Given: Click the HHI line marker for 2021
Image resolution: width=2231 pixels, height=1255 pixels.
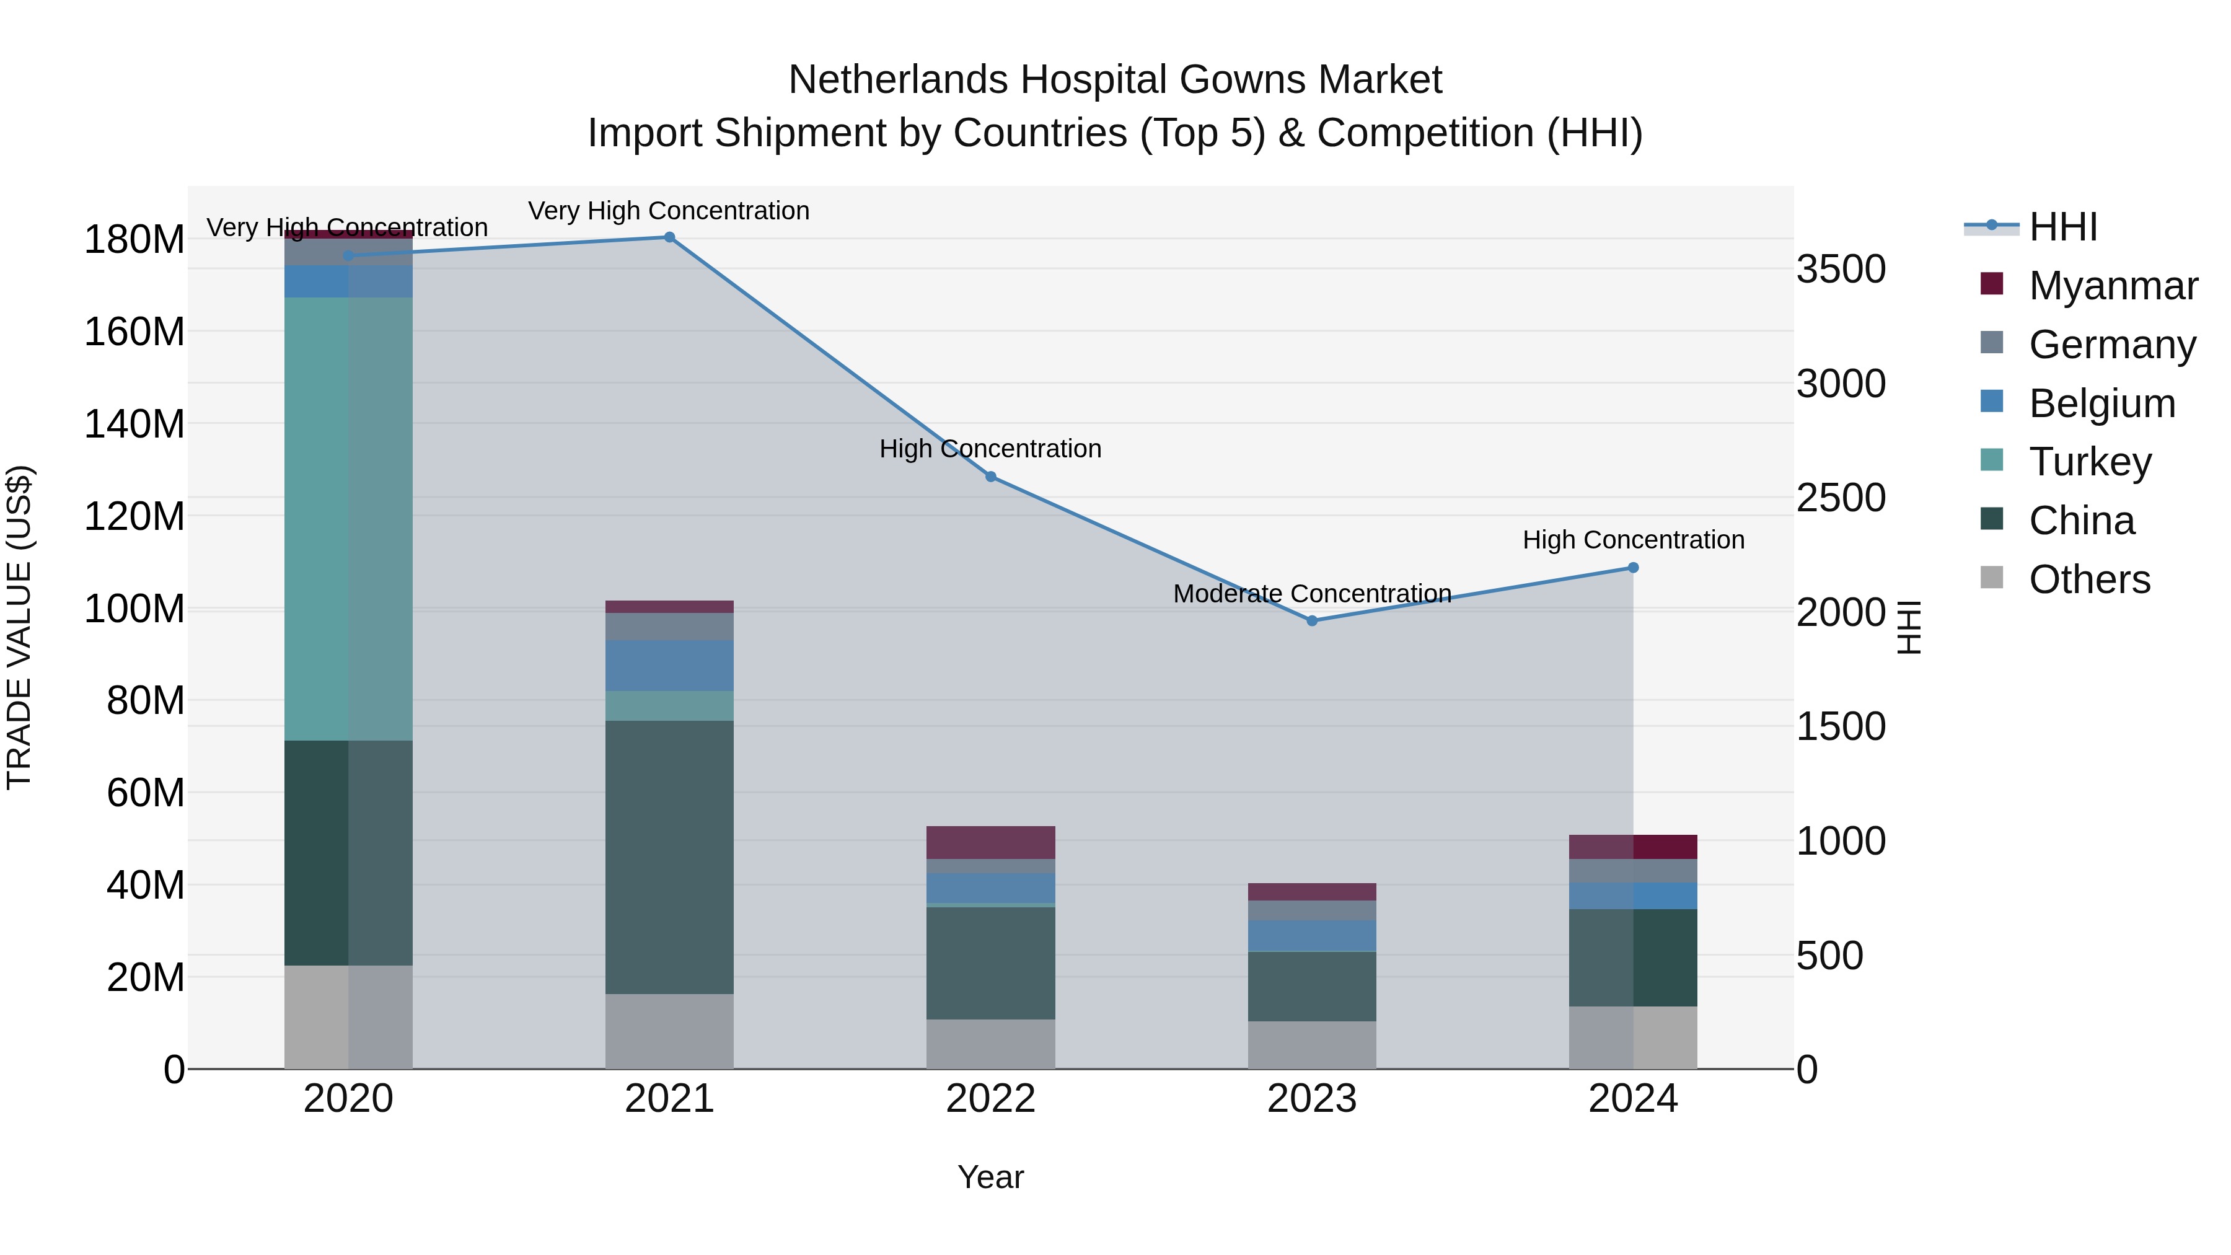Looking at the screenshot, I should pos(669,237).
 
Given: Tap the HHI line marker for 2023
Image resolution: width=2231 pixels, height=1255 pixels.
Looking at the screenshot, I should pos(1312,621).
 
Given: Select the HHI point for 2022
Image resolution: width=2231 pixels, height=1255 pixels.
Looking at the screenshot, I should pos(991,477).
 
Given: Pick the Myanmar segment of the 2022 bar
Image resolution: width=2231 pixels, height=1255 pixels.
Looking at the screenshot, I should pos(991,843).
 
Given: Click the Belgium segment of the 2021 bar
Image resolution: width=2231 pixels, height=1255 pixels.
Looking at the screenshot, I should pos(669,665).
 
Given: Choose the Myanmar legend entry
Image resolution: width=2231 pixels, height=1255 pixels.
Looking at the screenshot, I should pos(2113,286).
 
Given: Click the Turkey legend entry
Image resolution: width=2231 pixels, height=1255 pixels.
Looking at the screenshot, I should pos(2090,462).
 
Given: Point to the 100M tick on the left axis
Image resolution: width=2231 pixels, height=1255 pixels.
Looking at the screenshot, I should pos(134,609).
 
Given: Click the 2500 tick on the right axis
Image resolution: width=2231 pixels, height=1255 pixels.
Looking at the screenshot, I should pos(1841,498).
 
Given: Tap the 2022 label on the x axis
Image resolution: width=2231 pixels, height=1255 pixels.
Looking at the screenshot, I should pos(991,1099).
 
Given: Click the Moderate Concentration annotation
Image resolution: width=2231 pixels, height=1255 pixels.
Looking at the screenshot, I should pos(1312,594).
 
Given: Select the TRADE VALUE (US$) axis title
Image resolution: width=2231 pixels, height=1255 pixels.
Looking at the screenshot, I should pos(20,627).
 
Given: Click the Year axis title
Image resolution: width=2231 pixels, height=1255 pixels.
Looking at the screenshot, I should pos(991,1177).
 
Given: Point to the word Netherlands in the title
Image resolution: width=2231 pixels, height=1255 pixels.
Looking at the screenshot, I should pos(897,80).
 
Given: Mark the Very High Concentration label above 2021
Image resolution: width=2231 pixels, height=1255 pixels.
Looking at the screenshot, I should pos(669,211).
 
